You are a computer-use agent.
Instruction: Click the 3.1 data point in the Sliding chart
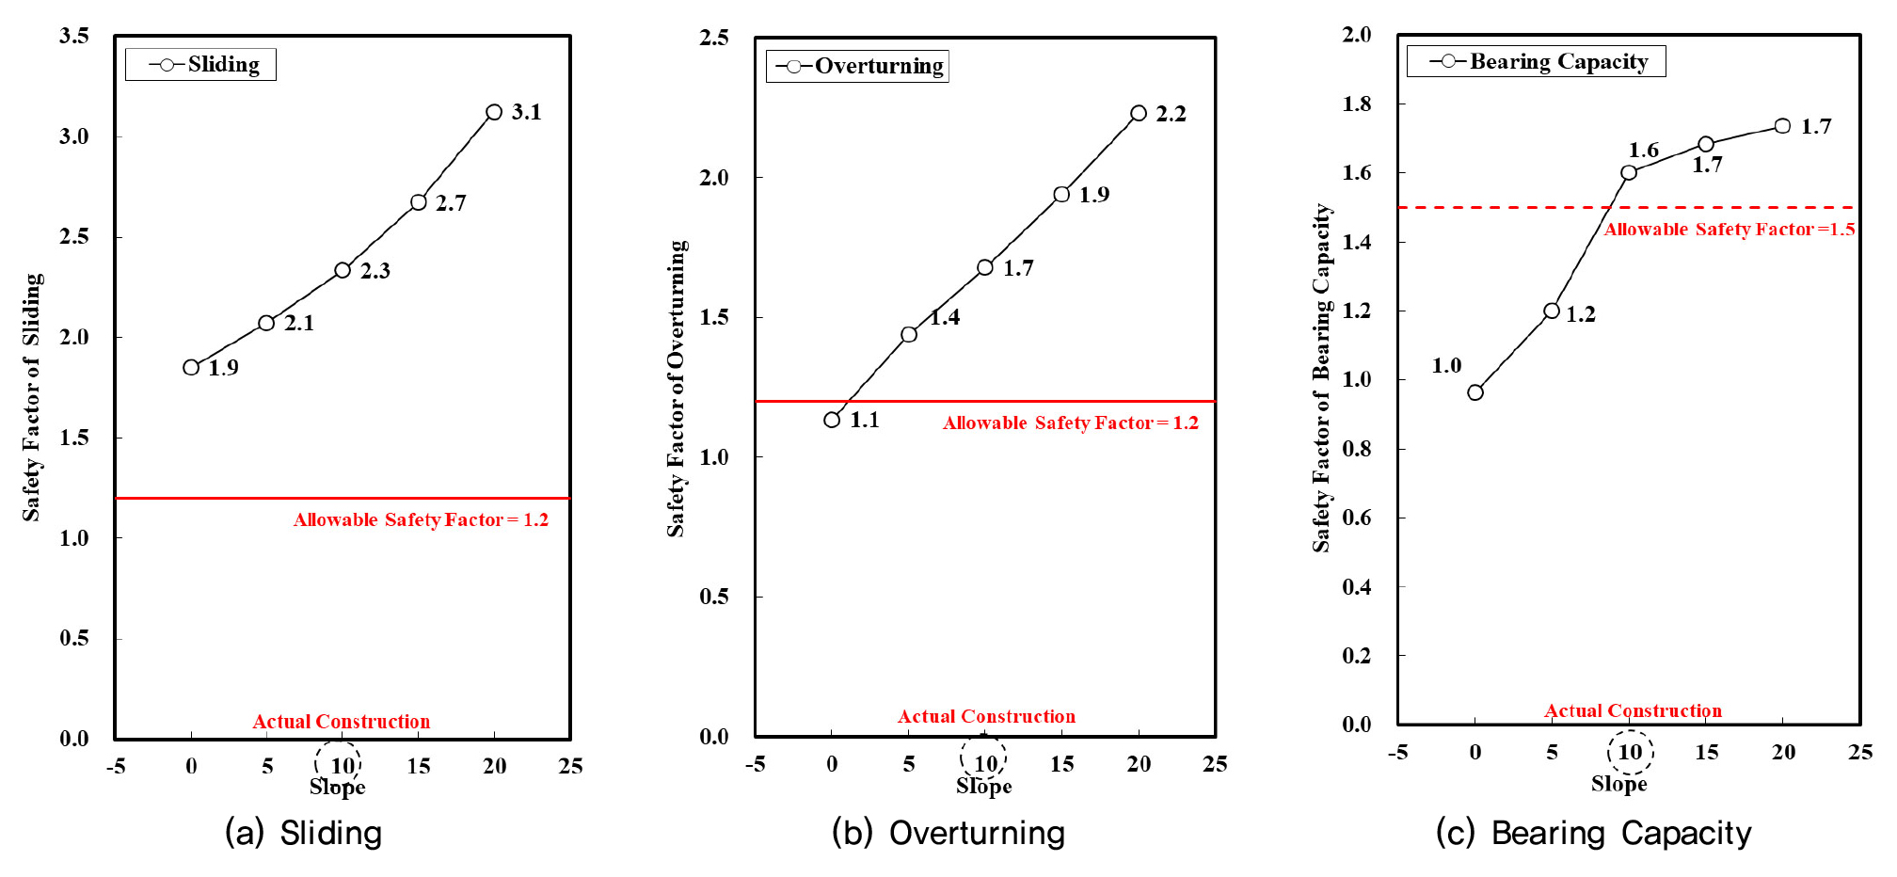pos(494,112)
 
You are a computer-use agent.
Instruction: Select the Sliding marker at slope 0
pos(191,367)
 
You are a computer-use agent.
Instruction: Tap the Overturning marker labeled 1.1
pos(832,420)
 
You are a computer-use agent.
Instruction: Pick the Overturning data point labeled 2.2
pos(1139,113)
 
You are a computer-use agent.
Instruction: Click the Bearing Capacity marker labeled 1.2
pos(1552,311)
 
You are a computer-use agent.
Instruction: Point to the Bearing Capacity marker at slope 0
pos(1475,392)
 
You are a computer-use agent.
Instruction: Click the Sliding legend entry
pos(201,64)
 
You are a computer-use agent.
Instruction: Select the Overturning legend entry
pos(857,66)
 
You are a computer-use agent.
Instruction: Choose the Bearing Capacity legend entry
pos(1537,61)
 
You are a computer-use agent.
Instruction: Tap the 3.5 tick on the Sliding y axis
pos(74,36)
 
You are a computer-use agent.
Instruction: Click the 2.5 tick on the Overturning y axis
pos(714,38)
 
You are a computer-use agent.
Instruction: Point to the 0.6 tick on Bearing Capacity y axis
pos(1357,518)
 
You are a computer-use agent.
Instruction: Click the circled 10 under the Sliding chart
pos(339,764)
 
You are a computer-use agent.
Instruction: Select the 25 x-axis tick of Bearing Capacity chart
pos(1860,752)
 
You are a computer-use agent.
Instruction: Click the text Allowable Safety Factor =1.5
pos(1730,229)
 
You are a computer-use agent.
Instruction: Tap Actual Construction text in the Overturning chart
pos(986,716)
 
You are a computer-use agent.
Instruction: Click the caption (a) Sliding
pos(303,833)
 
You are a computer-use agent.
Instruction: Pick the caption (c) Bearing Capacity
pos(1593,833)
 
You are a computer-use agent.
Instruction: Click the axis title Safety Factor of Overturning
pos(677,388)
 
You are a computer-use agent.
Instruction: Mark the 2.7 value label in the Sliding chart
pos(451,203)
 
